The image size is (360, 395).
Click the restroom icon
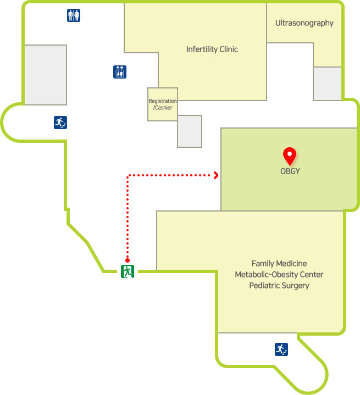pyautogui.click(x=74, y=15)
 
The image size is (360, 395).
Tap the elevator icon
pyautogui.click(x=120, y=72)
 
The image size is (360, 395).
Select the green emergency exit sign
pyautogui.click(x=128, y=271)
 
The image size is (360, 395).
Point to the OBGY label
pyautogui.click(x=290, y=171)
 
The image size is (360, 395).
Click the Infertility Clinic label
pyautogui.click(x=212, y=49)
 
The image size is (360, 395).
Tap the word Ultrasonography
pyautogui.click(x=304, y=23)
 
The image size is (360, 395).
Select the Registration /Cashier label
pyautogui.click(x=163, y=104)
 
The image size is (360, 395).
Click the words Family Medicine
pyautogui.click(x=279, y=264)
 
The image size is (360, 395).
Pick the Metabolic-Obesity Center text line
pyautogui.click(x=279, y=274)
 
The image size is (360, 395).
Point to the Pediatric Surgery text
pyautogui.click(x=279, y=286)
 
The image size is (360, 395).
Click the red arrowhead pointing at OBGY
pyautogui.click(x=216, y=175)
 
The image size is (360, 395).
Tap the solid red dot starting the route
pyautogui.click(x=128, y=260)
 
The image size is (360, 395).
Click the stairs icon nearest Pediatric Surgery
pyautogui.click(x=281, y=349)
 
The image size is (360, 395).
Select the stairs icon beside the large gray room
pyautogui.click(x=60, y=123)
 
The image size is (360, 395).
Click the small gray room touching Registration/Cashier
pyautogui.click(x=190, y=131)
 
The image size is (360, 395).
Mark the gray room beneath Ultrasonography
pyautogui.click(x=327, y=84)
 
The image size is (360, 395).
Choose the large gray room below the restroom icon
pyautogui.click(x=46, y=75)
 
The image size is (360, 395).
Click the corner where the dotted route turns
pyautogui.click(x=128, y=175)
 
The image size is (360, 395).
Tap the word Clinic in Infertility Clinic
pyautogui.click(x=229, y=49)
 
